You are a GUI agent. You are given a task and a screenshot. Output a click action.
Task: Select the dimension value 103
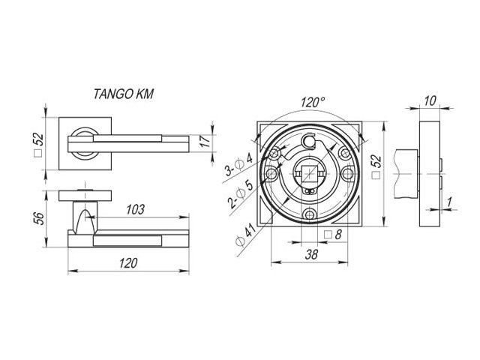[135, 210]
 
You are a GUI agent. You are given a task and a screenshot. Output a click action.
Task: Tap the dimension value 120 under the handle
[129, 263]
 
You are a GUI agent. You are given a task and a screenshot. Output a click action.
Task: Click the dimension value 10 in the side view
[429, 100]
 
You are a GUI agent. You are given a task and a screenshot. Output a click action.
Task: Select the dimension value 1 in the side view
[449, 201]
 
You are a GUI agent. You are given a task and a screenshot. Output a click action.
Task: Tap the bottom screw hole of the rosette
[310, 216]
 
